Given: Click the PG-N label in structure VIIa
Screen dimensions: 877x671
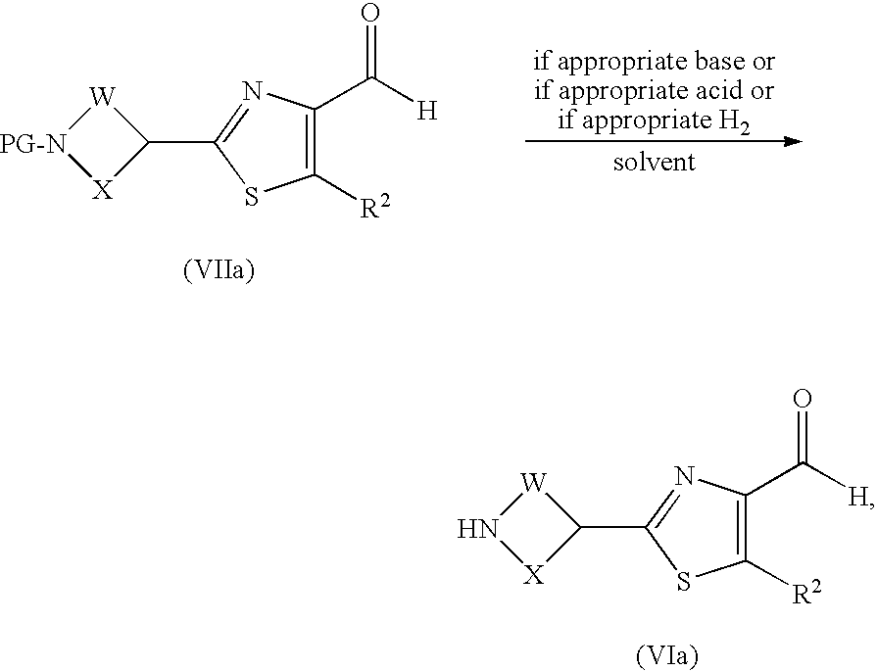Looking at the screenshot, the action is point(35,145).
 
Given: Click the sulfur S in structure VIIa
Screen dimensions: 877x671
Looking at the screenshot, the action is point(252,197).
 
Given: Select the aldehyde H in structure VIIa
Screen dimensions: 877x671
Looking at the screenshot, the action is point(426,112).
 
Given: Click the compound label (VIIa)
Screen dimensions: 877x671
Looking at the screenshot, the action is point(219,271).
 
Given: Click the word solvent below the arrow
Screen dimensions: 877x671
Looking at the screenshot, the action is point(655,162).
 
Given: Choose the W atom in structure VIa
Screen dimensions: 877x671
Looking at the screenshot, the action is point(533,483).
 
